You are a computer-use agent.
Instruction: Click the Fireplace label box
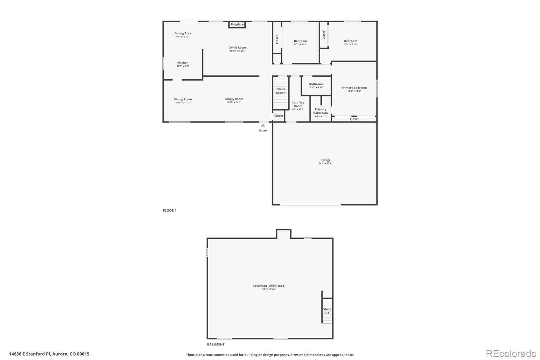pos(237,25)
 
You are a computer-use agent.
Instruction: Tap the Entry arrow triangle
pos(263,126)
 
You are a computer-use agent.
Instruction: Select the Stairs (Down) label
pos(281,91)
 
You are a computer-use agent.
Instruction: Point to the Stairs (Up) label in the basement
pos(327,311)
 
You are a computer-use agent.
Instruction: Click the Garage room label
pos(325,160)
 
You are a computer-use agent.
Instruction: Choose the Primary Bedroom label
pos(354,88)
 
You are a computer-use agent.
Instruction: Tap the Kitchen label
pos(183,63)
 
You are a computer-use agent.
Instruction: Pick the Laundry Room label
pos(298,104)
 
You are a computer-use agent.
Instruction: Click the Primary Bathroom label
pos(320,111)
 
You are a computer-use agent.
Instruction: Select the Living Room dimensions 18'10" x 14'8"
pos(237,51)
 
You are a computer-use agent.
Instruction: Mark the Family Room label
pos(234,99)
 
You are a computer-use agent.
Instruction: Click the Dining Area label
pos(183,33)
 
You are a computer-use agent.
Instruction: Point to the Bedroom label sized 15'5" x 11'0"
pos(351,41)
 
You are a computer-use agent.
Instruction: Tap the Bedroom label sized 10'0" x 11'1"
pos(300,41)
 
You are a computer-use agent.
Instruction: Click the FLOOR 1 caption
pos(170,210)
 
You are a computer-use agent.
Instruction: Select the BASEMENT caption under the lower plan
pos(216,344)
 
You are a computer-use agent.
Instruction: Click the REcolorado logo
pos(511,354)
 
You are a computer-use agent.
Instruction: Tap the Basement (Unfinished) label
pos(269,286)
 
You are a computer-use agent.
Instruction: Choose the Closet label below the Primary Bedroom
pos(354,119)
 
